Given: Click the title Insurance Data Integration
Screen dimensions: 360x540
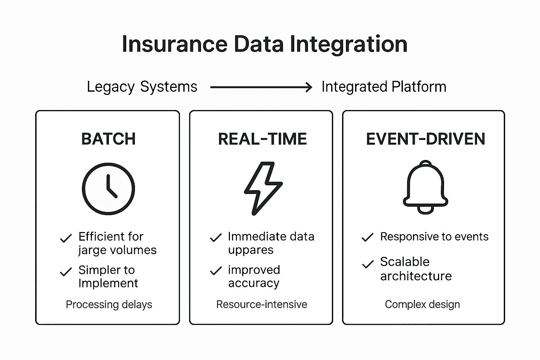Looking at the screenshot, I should pyautogui.click(x=264, y=44).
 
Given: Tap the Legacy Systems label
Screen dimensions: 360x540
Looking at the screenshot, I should pyautogui.click(x=142, y=87).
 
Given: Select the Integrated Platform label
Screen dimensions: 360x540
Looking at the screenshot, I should pyautogui.click(x=384, y=87).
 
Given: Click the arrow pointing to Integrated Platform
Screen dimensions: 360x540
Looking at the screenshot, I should pyautogui.click(x=261, y=87).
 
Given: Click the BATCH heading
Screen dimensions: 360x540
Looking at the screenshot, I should pyautogui.click(x=108, y=139).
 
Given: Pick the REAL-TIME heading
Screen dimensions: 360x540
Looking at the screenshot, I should pyautogui.click(x=262, y=139).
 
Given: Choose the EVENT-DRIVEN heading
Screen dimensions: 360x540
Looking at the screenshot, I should pyautogui.click(x=425, y=139).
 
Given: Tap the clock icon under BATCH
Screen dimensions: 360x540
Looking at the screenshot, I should pyautogui.click(x=108, y=189).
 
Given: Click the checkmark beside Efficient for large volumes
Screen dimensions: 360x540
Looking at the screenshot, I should pyautogui.click(x=66, y=238).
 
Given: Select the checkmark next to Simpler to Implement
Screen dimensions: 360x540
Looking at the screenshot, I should pyautogui.click(x=66, y=272).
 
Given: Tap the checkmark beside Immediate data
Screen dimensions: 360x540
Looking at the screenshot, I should pyautogui.click(x=216, y=238).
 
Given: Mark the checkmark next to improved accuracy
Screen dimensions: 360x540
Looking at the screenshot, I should pyautogui.click(x=216, y=271).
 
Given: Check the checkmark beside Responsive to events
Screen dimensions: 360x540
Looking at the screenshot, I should pyautogui.click(x=367, y=238).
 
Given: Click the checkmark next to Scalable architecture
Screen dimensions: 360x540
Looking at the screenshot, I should pyautogui.click(x=367, y=264).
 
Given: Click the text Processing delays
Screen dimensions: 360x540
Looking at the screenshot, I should pyautogui.click(x=109, y=304).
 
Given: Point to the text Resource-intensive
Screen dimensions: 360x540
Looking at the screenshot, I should pyautogui.click(x=262, y=304).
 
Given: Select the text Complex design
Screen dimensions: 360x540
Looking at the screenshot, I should pyautogui.click(x=422, y=304).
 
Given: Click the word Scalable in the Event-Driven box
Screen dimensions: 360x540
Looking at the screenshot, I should pyautogui.click(x=405, y=262).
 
